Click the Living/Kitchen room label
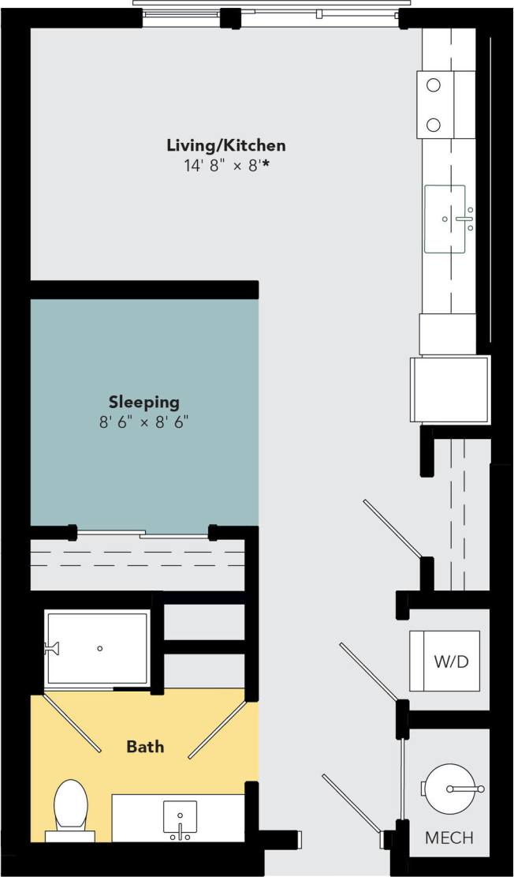tap(225, 145)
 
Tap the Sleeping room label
tap(144, 402)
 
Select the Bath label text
tap(146, 746)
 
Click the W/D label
tap(451, 661)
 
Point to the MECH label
tap(449, 838)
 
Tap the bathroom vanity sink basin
tap(180, 818)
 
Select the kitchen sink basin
tap(445, 219)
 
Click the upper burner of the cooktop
tap(434, 84)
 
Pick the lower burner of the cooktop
tap(434, 124)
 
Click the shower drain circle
tap(100, 648)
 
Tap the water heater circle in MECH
tap(450, 788)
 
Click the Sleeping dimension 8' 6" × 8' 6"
tap(144, 422)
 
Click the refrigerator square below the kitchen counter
tap(449, 389)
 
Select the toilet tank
tap(70, 835)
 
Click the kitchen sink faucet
tap(464, 219)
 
